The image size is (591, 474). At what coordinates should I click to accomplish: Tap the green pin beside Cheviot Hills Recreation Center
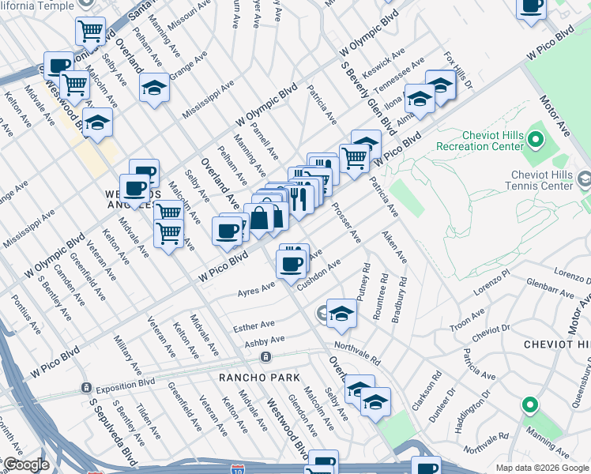point(536,141)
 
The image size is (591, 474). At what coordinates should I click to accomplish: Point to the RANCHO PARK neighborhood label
point(254,378)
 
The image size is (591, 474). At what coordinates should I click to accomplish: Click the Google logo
point(26,465)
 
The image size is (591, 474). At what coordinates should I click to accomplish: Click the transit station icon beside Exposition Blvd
point(85,388)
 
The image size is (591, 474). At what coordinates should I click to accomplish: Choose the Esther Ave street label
point(254,325)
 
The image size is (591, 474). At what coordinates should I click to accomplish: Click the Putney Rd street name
point(366,281)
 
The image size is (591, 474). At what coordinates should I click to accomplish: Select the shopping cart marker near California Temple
point(91,32)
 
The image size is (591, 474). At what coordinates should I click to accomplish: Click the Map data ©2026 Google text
point(542,468)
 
